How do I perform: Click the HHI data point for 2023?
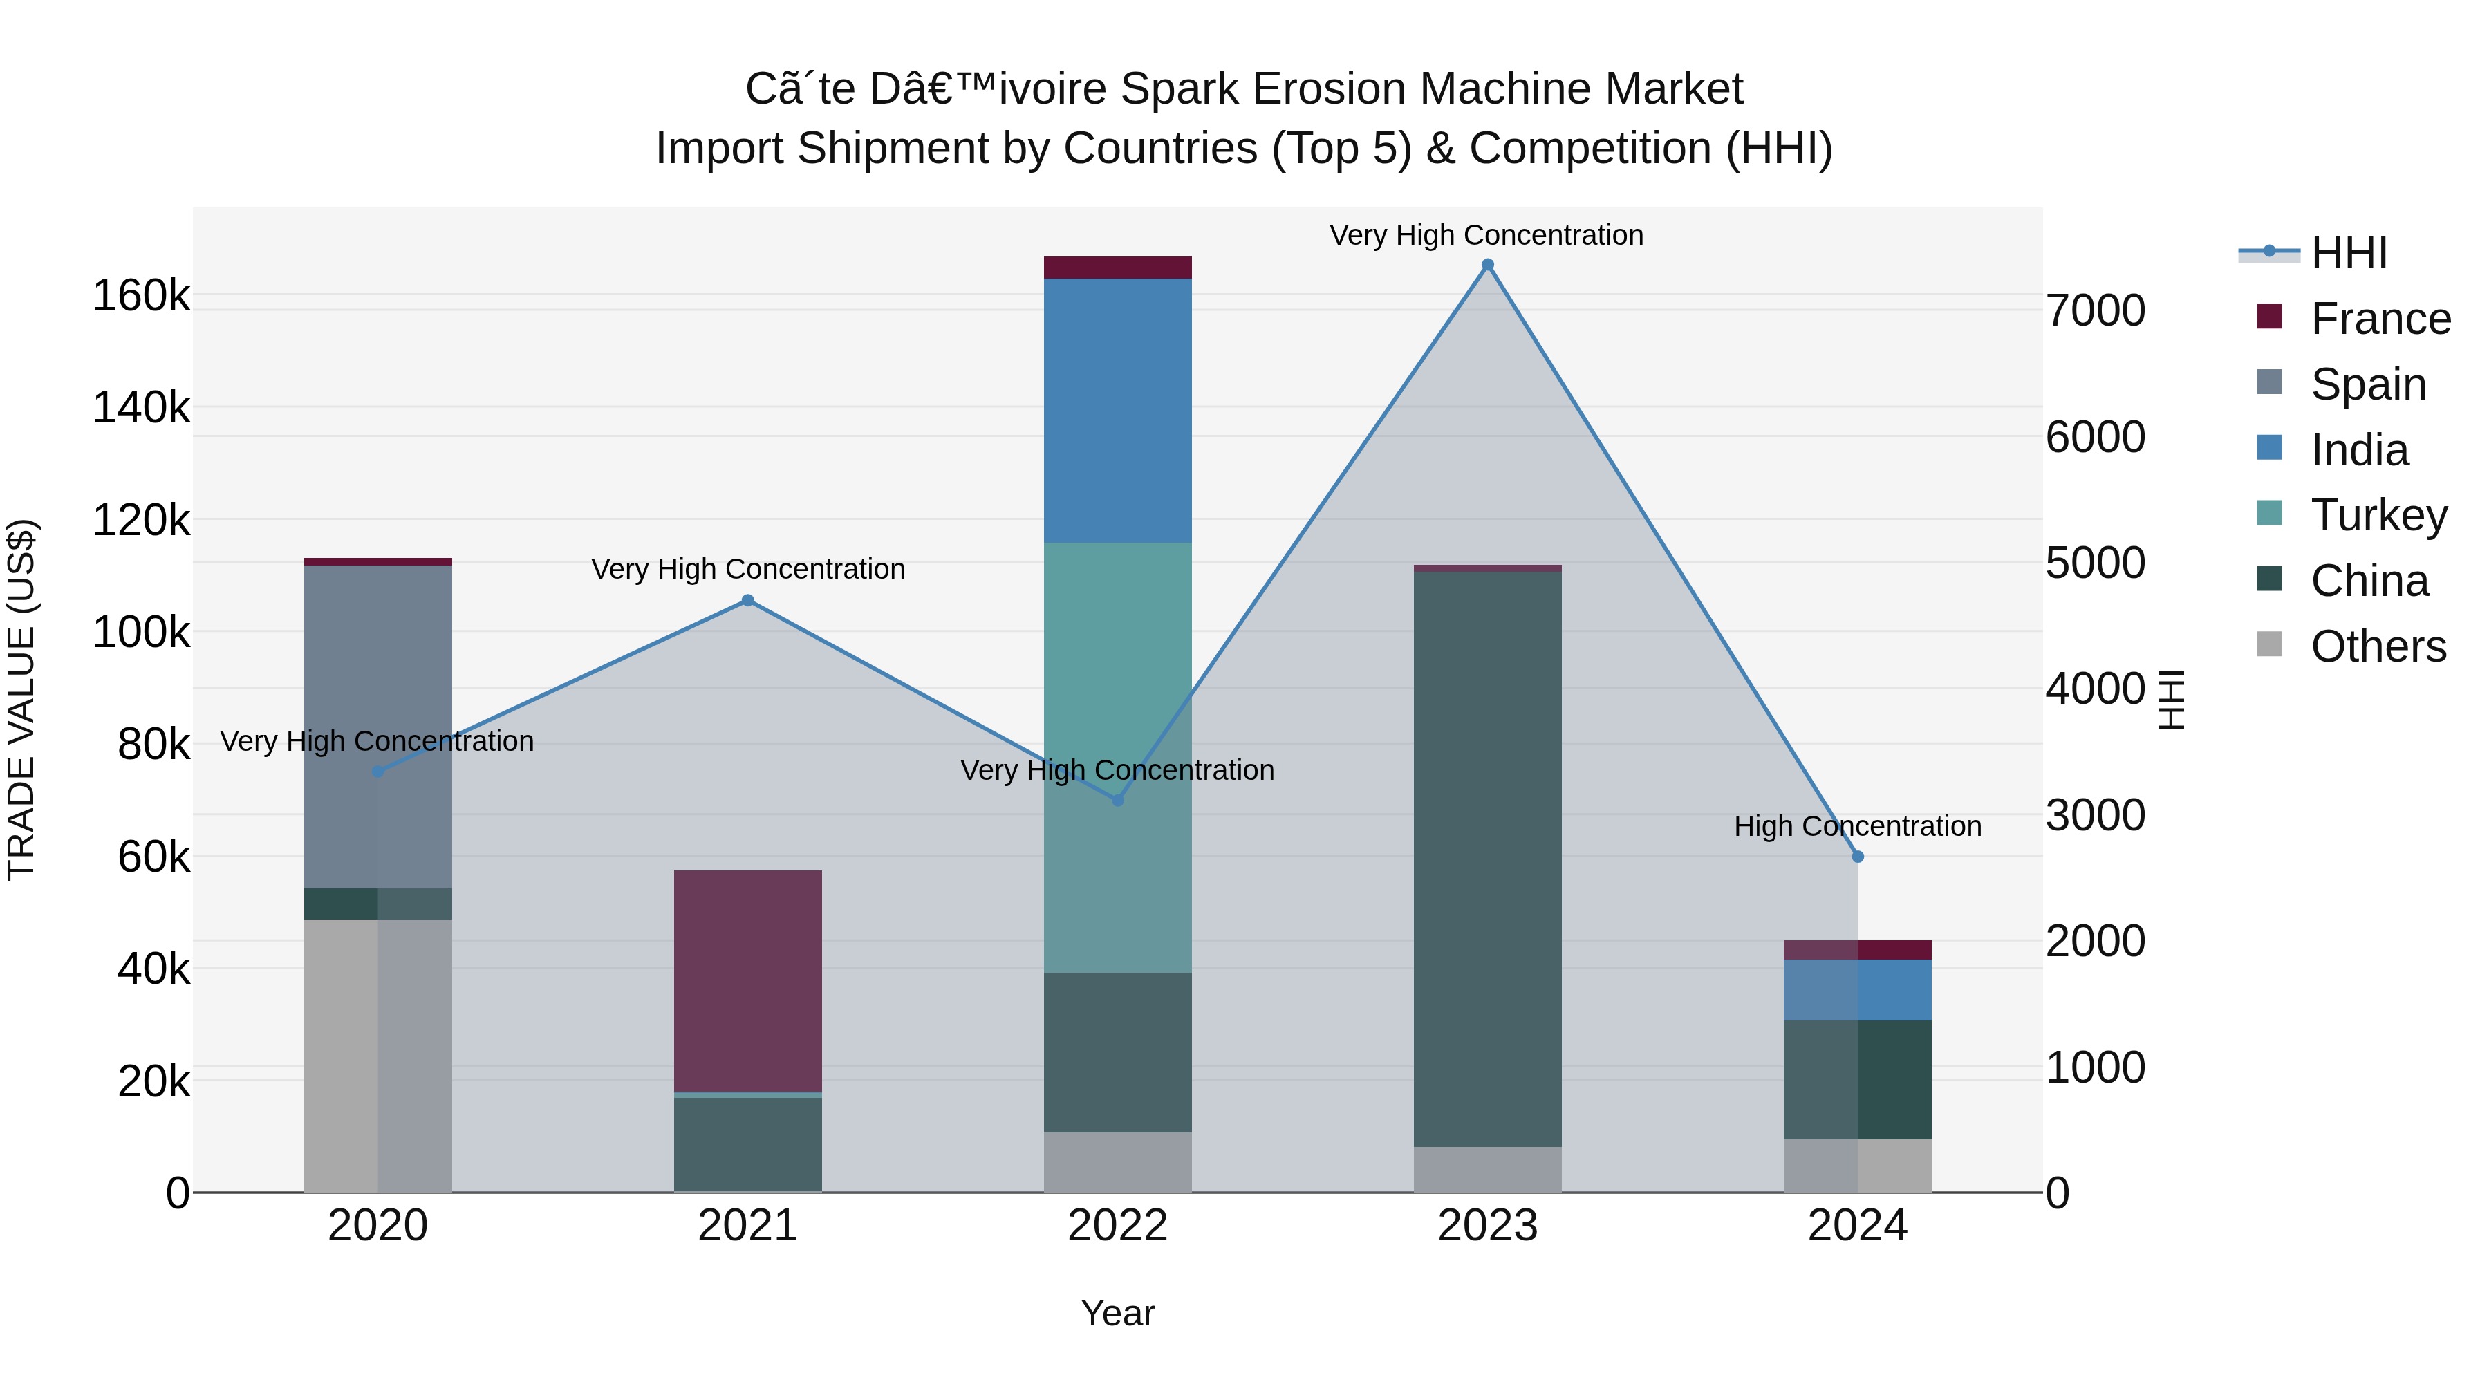(1487, 265)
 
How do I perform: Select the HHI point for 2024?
(1857, 856)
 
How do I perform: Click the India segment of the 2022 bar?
(1117, 410)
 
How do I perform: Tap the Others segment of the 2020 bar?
(377, 1054)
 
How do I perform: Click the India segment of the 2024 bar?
(1857, 989)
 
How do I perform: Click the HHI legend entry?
(2348, 253)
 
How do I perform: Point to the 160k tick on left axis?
(141, 296)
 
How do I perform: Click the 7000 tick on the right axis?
(2095, 311)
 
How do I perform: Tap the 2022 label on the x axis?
(1117, 1226)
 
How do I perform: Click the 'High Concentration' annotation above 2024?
(1857, 826)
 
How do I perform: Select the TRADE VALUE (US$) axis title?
(21, 700)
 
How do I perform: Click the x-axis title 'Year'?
(1117, 1313)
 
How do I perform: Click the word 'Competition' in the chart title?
(1590, 149)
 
